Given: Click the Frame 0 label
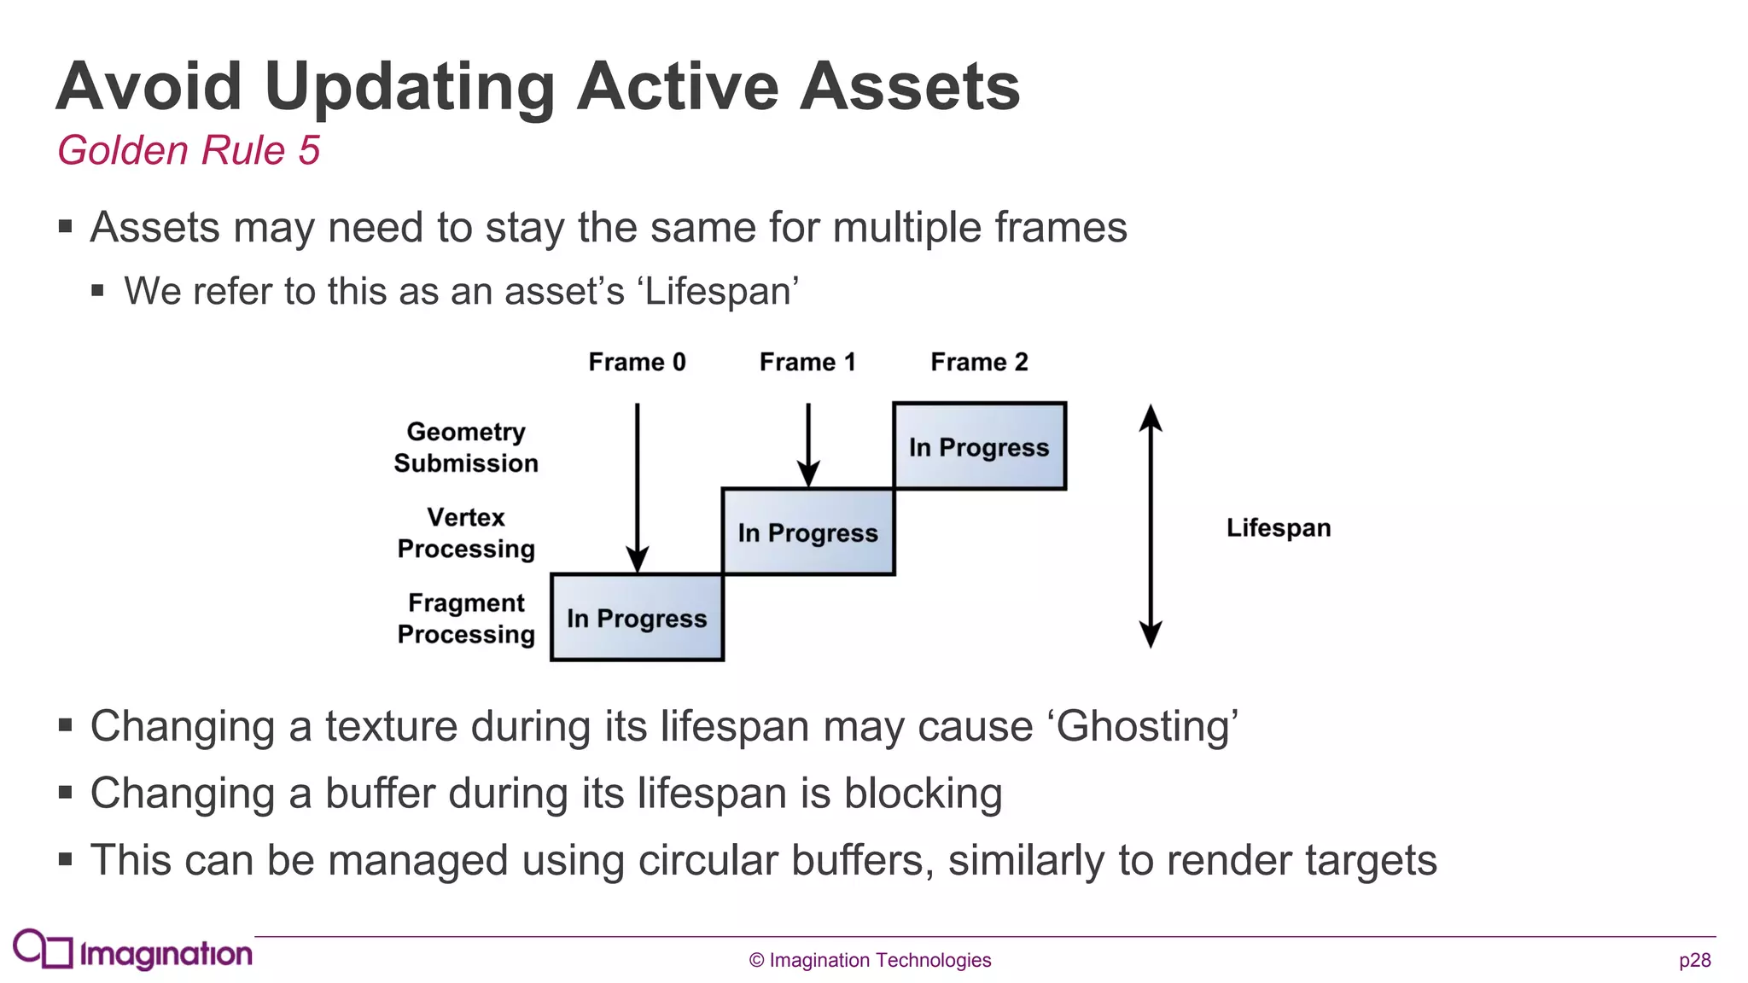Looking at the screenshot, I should pyautogui.click(x=637, y=362).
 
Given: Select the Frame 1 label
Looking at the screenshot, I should pyautogui.click(x=807, y=362).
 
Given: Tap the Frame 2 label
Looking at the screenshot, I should pyautogui.click(x=979, y=362).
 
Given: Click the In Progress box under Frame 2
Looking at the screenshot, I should pyautogui.click(x=979, y=446).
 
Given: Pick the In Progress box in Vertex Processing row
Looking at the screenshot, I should pyautogui.click(x=807, y=532).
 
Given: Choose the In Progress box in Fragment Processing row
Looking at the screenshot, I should pyautogui.click(x=637, y=618).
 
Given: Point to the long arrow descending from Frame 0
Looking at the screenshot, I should pyautogui.click(x=637, y=486).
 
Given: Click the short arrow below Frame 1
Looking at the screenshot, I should pyautogui.click(x=807, y=444).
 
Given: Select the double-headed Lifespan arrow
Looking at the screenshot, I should pyautogui.click(x=1151, y=526).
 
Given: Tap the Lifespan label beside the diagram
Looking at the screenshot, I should pyautogui.click(x=1278, y=527).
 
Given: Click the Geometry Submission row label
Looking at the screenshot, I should pyautogui.click(x=466, y=447).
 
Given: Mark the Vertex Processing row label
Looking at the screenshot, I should pyautogui.click(x=466, y=532).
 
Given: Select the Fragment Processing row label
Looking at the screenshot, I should pyautogui.click(x=466, y=618).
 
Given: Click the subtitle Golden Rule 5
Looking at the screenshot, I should pyautogui.click(x=188, y=150).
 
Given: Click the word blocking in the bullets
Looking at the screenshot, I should pyautogui.click(x=923, y=793).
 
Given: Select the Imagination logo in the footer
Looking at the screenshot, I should pyautogui.click(x=132, y=951).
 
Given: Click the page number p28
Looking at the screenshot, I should pyautogui.click(x=1694, y=961).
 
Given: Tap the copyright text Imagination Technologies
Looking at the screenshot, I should pyautogui.click(x=871, y=961).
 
